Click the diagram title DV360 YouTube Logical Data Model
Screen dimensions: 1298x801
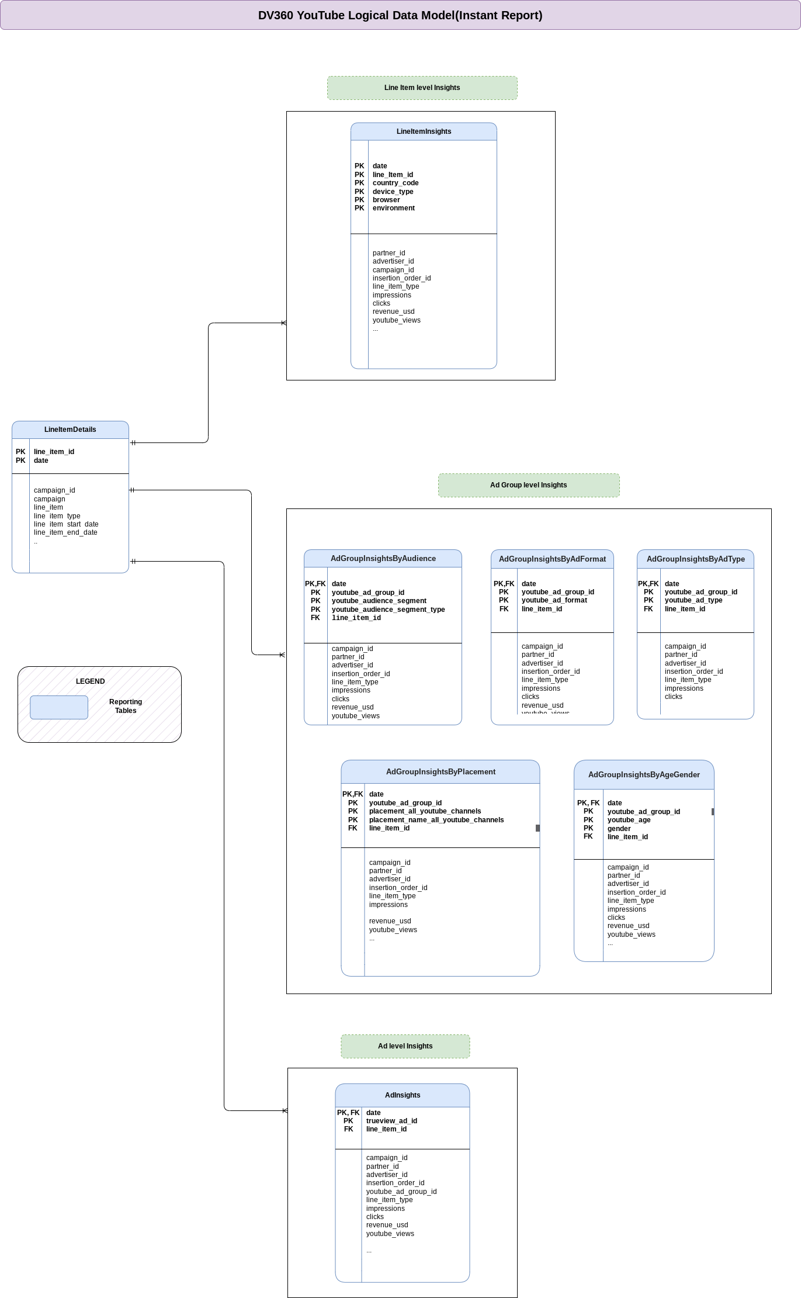pos(400,15)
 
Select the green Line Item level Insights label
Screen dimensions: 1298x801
pos(422,88)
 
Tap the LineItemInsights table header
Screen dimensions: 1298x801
pos(424,131)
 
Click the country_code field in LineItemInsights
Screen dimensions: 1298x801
pos(396,183)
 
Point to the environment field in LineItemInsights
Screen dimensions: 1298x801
pos(394,208)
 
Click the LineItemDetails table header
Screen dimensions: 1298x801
pos(70,430)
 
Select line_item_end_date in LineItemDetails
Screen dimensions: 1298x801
pos(65,532)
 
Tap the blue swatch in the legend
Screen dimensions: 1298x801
pos(59,707)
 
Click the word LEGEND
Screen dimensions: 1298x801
pos(90,681)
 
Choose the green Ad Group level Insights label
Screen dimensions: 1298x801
pos(528,485)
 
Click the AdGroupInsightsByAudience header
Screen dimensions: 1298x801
pos(383,559)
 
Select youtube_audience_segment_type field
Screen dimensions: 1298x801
pos(388,610)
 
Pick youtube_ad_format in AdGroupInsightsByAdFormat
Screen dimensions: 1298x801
pos(554,600)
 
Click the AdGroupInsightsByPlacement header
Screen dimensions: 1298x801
pos(441,772)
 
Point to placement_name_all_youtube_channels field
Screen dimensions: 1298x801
pos(436,820)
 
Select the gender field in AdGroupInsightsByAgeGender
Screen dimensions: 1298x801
pos(619,829)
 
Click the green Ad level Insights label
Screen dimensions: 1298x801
pos(405,1046)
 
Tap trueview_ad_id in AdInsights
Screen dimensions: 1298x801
pos(391,1121)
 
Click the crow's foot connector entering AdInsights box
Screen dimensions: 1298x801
pos(285,1110)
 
